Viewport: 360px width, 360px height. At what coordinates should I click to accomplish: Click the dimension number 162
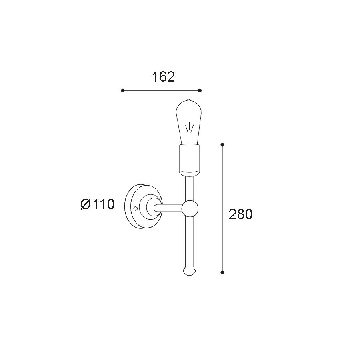tap(164, 77)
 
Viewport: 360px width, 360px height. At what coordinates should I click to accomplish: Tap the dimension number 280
tap(240, 214)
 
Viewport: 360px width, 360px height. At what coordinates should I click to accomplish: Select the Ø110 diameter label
tap(97, 204)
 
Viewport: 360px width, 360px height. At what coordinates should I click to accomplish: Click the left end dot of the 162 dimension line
tap(123, 90)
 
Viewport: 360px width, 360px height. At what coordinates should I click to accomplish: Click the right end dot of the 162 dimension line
tap(200, 90)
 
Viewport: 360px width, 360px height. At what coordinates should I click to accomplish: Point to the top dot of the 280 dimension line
tap(222, 145)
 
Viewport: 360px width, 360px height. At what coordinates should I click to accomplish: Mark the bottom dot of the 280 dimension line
tap(222, 272)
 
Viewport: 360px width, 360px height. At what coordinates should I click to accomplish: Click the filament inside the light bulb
tap(190, 128)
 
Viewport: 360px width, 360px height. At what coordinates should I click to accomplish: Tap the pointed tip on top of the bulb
tap(188, 100)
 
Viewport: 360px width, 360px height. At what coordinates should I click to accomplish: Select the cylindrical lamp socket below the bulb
tap(190, 160)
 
